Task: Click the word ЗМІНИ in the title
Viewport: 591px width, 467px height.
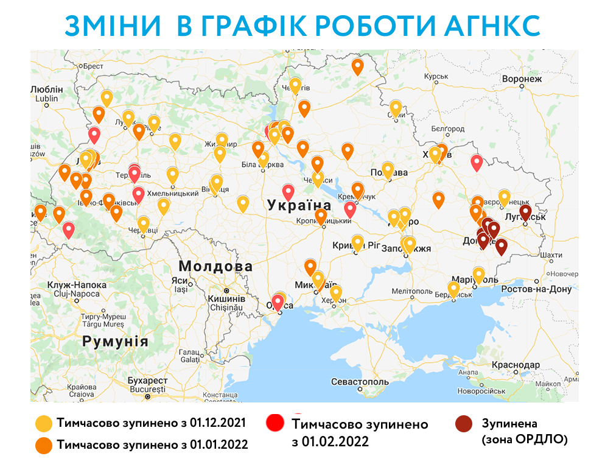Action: (x=113, y=26)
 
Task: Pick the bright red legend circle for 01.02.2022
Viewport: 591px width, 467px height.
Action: (x=276, y=423)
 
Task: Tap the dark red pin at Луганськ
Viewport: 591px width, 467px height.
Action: (x=525, y=211)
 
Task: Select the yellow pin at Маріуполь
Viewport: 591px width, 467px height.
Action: (x=479, y=275)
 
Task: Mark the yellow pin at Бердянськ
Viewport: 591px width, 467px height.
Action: (x=453, y=289)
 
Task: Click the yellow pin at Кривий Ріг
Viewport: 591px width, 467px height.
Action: (x=358, y=242)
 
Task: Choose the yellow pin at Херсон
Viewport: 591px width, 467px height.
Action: (x=335, y=293)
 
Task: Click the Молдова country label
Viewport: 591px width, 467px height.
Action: (x=207, y=267)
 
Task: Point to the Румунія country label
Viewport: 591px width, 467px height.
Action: (x=116, y=341)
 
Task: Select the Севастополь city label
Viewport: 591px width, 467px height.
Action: (x=359, y=382)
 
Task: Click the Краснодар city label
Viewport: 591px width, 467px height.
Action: (x=517, y=364)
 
